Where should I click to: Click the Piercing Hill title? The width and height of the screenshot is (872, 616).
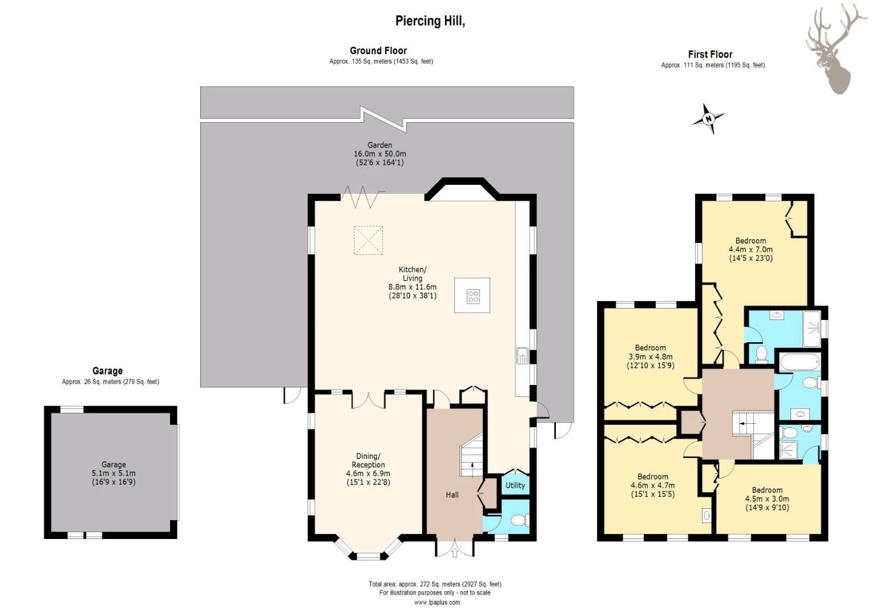pos(430,21)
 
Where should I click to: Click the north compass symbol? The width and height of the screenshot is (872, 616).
pos(708,119)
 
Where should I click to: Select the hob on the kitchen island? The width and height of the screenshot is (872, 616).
pos(473,296)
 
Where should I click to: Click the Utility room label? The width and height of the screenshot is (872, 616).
pos(515,485)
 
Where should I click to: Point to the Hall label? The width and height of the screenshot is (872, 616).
pos(452,495)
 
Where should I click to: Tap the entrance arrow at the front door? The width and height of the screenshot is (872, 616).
pos(455,553)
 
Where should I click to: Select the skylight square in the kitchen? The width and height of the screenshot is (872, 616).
pos(368,240)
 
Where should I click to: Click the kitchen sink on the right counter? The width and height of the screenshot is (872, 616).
pos(522,356)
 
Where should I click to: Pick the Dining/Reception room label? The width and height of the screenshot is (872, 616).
pos(368,460)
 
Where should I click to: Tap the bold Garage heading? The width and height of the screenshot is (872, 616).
pos(107,371)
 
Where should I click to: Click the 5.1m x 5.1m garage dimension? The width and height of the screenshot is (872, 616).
pos(114,473)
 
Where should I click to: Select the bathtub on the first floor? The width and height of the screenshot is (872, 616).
pos(799,361)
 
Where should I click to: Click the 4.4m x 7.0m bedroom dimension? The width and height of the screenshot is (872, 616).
pos(750,249)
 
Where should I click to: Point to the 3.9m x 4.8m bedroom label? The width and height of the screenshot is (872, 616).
pos(650,356)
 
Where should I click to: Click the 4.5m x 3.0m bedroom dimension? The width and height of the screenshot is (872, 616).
pos(767,499)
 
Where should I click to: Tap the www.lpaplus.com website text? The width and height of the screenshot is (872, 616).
pos(437,602)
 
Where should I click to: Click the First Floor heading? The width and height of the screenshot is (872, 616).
pos(710,54)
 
